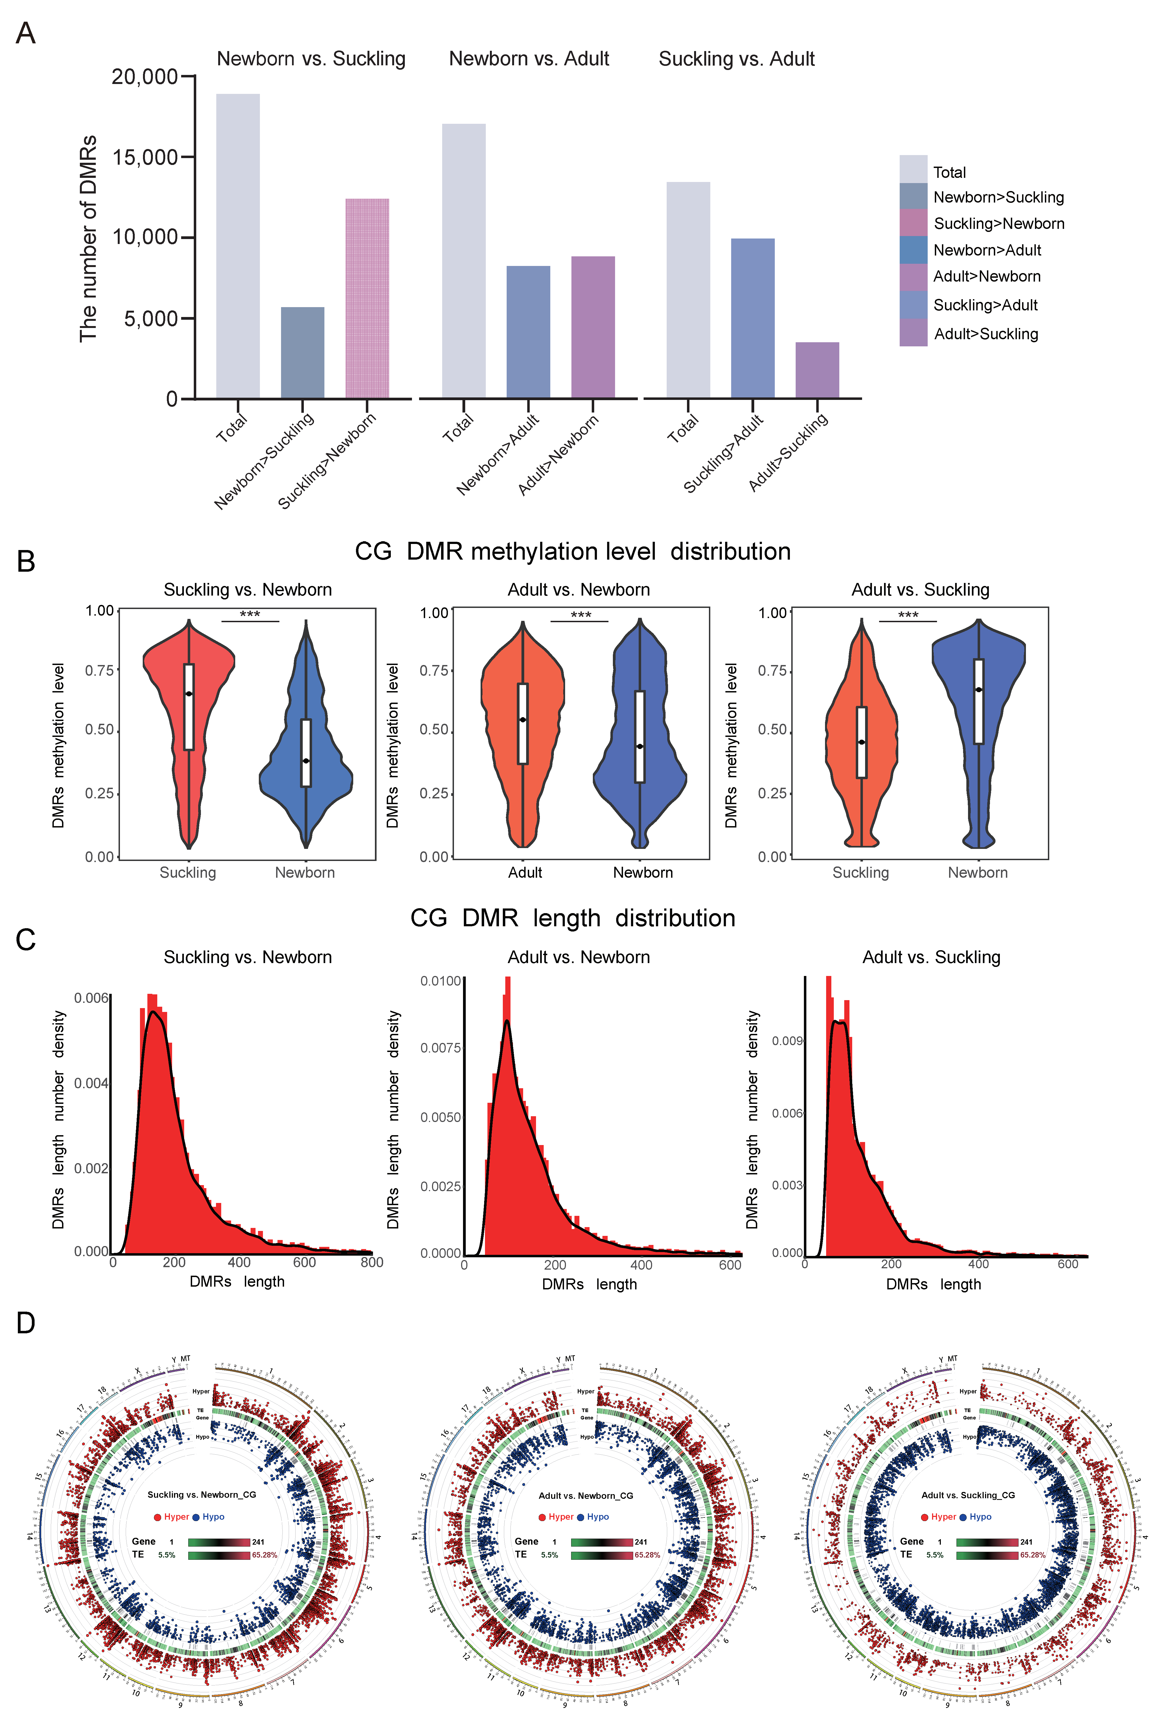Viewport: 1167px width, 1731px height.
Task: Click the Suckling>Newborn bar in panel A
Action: click(x=367, y=298)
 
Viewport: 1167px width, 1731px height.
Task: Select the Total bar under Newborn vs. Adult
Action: click(x=464, y=260)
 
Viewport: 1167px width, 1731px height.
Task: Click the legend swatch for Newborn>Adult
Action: click(x=913, y=250)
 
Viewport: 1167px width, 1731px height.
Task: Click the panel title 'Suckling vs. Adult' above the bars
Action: click(x=736, y=59)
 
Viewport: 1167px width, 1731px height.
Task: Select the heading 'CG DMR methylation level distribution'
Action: click(x=572, y=551)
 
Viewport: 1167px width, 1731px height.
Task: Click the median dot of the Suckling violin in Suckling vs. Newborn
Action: click(x=189, y=694)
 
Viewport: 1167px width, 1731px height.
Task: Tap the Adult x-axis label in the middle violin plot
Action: click(x=525, y=872)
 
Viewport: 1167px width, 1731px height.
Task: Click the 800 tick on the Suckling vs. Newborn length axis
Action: click(x=371, y=1262)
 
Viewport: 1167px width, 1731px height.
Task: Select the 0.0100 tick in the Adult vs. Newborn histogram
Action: click(x=441, y=981)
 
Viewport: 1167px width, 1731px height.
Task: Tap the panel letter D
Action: click(x=25, y=1322)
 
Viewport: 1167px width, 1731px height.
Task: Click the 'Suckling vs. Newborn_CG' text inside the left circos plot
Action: click(x=202, y=1494)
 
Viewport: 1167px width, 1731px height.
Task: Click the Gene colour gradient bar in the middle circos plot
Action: click(x=601, y=1542)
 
